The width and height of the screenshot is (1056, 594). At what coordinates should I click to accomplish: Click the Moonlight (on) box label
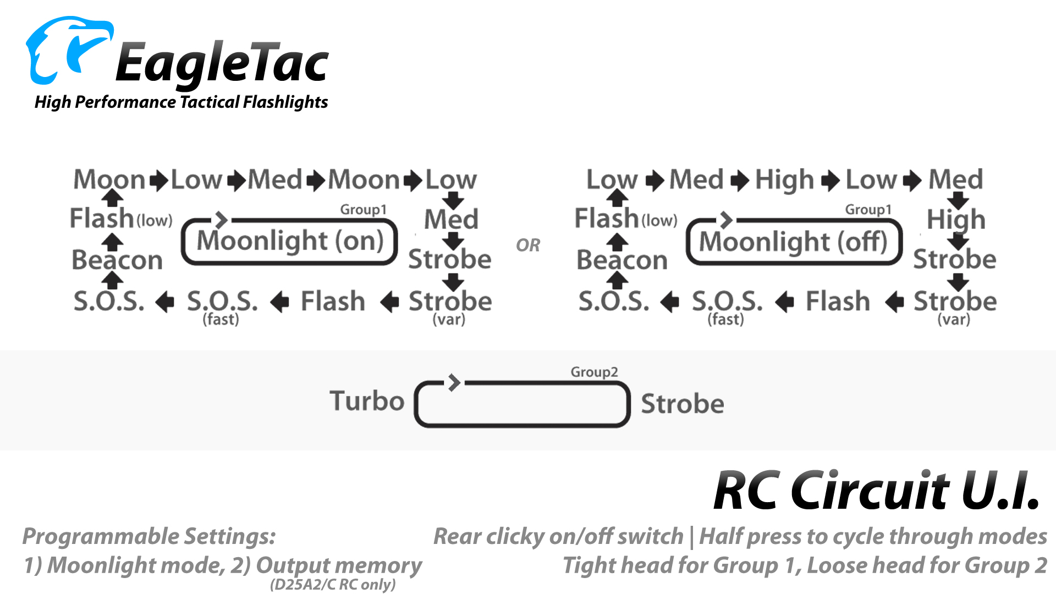click(290, 241)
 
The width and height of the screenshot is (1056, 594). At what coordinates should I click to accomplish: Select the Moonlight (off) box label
click(793, 241)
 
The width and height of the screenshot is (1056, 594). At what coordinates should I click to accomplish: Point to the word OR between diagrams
click(528, 245)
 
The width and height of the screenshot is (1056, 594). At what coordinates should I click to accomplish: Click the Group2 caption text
click(594, 372)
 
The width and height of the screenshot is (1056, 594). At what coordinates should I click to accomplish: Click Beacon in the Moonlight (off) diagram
click(622, 260)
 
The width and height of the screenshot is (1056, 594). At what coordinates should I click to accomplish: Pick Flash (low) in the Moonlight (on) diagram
click(121, 218)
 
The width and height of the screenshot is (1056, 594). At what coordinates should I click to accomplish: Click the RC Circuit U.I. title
click(877, 490)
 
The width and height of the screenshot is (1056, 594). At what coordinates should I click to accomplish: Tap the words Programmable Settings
click(149, 536)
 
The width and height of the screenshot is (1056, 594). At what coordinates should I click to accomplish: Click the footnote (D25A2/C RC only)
click(333, 584)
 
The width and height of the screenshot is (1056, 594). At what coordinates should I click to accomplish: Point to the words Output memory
click(339, 565)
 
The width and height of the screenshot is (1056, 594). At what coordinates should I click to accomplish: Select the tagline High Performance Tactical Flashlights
click(181, 102)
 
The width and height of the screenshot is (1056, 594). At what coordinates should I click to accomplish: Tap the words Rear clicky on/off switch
click(558, 536)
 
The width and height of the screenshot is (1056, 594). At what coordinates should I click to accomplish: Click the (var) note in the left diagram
click(449, 319)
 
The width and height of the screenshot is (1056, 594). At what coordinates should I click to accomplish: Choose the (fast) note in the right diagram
click(725, 319)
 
